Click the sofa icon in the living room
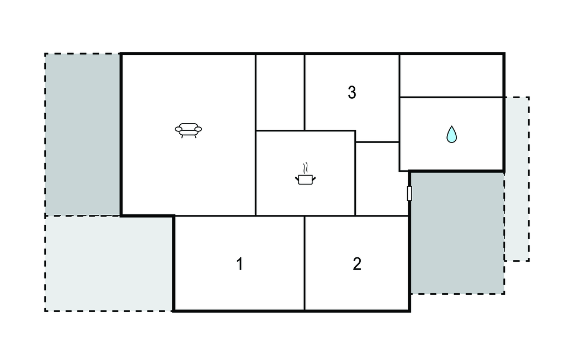point(188,130)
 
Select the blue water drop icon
point(451,134)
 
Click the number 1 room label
point(239,264)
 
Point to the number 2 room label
point(357,264)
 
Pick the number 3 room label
point(352,92)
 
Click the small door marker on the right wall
point(409,193)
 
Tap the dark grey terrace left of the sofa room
point(83,135)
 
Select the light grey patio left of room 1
point(109,263)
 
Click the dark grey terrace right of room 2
point(457,232)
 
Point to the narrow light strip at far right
point(516,178)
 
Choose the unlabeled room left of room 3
point(280,92)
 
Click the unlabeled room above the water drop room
point(451,76)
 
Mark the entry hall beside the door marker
point(382,179)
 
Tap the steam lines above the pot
point(306,168)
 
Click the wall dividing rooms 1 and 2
point(305,263)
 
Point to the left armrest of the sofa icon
point(178,129)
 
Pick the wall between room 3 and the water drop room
point(399,113)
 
